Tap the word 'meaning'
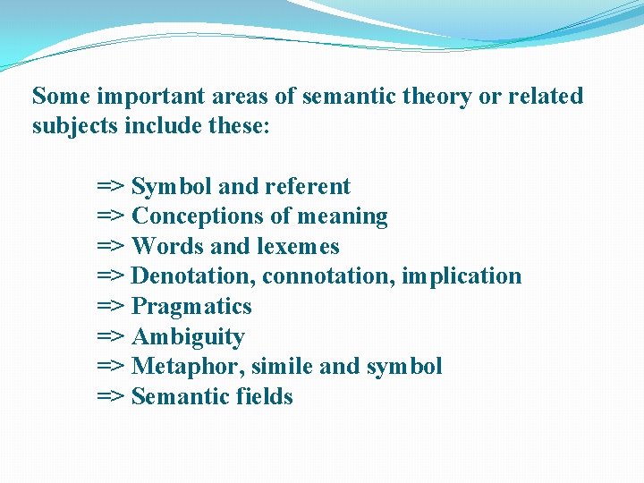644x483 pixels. [x=345, y=217]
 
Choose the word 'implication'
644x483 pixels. [x=462, y=276]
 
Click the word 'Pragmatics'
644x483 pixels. [x=191, y=307]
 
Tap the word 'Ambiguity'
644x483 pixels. [x=188, y=337]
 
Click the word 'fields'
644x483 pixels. [x=264, y=397]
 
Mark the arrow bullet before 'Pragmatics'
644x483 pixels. [x=111, y=307]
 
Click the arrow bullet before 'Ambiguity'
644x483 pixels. [x=111, y=337]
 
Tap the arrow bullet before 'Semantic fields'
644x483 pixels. [x=111, y=397]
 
